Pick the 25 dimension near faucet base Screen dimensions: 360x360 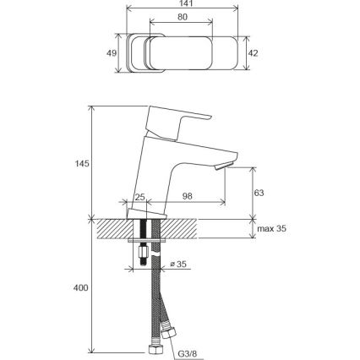point(139,197)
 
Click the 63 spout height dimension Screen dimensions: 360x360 point(259,193)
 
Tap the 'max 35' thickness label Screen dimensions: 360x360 point(272,228)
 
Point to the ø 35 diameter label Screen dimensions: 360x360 point(178,265)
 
